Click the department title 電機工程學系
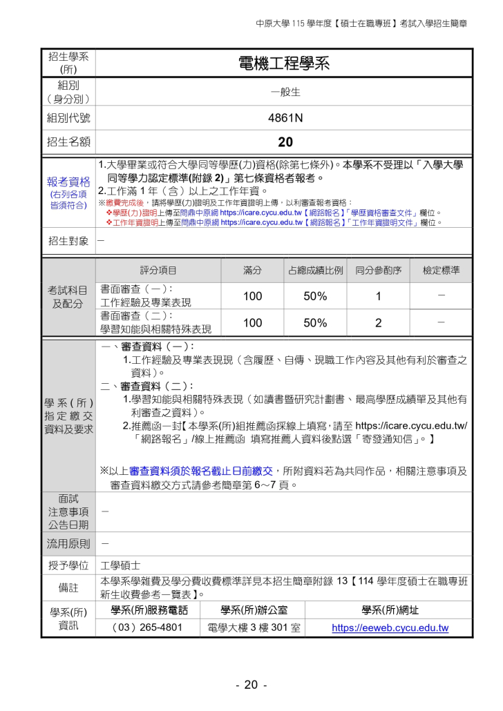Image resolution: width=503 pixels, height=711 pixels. click(284, 64)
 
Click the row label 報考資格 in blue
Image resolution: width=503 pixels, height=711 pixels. click(68, 182)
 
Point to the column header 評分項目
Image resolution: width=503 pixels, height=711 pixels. click(158, 271)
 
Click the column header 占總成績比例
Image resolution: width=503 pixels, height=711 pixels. click(315, 271)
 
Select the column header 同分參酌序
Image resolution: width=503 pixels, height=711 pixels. click(379, 271)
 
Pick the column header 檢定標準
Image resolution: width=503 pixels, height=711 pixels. click(441, 271)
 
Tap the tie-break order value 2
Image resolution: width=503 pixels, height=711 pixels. click(379, 322)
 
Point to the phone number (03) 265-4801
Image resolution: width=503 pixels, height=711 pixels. click(148, 627)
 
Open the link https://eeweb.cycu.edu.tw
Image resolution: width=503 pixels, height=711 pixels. click(390, 627)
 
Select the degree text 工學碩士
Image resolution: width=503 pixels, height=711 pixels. click(121, 566)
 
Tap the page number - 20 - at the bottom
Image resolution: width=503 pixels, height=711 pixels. click(251, 685)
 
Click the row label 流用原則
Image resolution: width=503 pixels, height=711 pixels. click(68, 543)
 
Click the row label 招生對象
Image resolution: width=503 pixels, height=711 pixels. click(68, 241)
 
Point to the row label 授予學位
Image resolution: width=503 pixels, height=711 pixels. click(68, 566)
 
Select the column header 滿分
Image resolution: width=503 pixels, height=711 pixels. click(252, 271)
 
